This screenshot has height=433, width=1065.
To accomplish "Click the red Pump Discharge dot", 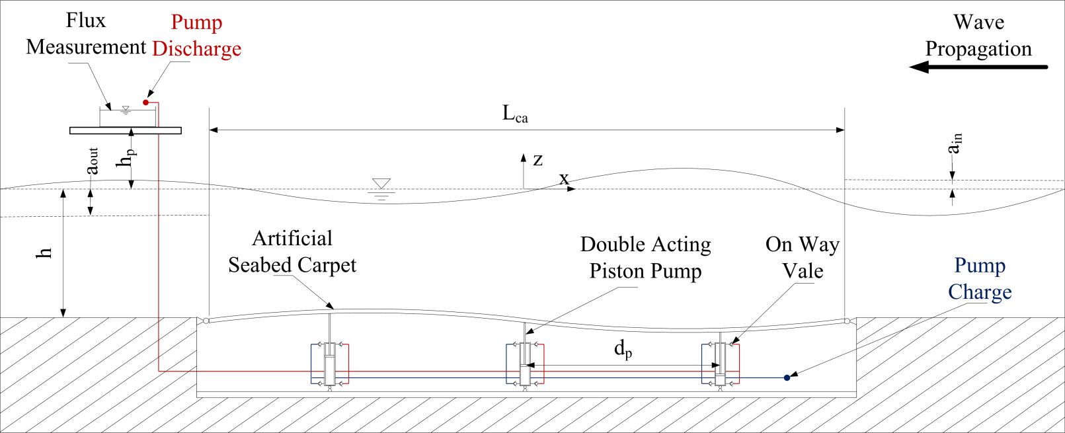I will pyautogui.click(x=145, y=102).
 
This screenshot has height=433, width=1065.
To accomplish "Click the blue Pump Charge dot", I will pyautogui.click(x=787, y=377).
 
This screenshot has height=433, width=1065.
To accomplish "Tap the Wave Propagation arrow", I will pyautogui.click(x=978, y=67).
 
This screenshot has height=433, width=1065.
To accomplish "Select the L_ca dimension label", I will pyautogui.click(x=515, y=114).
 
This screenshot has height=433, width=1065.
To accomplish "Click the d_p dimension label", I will pyautogui.click(x=623, y=348).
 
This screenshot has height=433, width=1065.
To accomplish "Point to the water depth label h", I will pyautogui.click(x=44, y=253).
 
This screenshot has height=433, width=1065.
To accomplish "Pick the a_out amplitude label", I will pyautogui.click(x=93, y=161).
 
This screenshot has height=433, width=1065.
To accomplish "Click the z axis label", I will pyautogui.click(x=537, y=159).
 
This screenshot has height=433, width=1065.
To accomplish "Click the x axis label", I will pyautogui.click(x=564, y=178).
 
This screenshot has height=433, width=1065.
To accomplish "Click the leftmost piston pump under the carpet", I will pyautogui.click(x=330, y=364).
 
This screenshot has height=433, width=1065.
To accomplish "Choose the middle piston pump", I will pyautogui.click(x=525, y=364).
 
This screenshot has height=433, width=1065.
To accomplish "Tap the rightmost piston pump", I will pyautogui.click(x=720, y=364).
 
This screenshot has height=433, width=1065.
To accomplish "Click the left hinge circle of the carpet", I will pyautogui.click(x=206, y=321).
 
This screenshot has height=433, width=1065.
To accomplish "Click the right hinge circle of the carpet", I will pyautogui.click(x=847, y=321).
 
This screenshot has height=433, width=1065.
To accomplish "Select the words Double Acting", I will pyautogui.click(x=645, y=245).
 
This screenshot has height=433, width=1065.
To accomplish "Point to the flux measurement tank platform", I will pyautogui.click(x=126, y=130).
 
